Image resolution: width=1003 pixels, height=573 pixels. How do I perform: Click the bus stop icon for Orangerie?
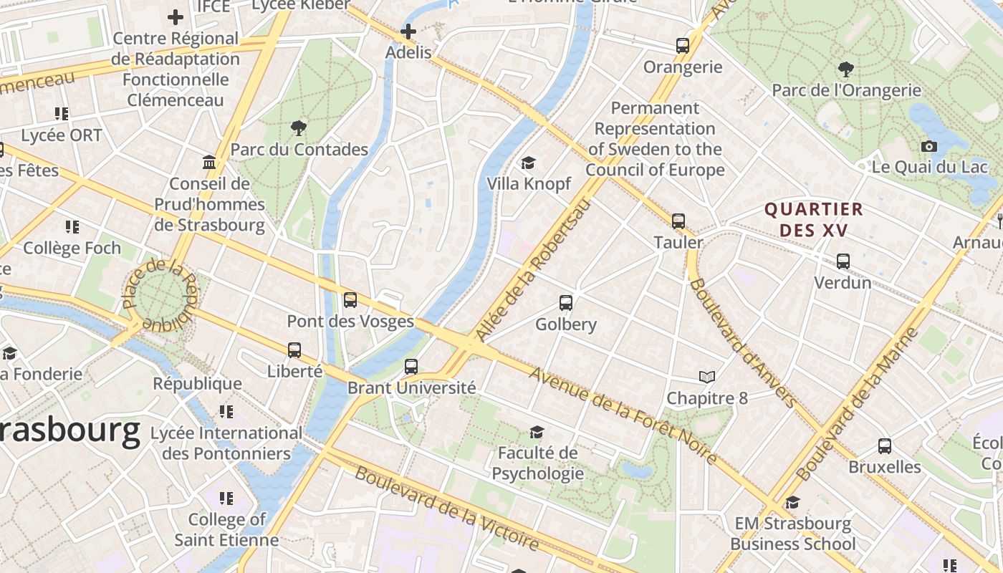[x=683, y=46]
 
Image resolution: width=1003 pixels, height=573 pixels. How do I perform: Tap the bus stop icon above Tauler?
[x=678, y=221]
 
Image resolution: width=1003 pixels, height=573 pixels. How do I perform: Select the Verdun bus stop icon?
[x=843, y=261]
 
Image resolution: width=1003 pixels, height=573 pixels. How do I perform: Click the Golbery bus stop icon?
[x=566, y=303]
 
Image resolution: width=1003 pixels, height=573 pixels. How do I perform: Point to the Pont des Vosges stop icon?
[x=350, y=300]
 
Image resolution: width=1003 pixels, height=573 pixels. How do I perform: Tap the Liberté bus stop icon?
[x=294, y=350]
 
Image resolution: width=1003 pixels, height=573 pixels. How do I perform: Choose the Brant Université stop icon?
[x=411, y=367]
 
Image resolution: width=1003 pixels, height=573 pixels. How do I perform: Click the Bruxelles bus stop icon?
[x=885, y=446]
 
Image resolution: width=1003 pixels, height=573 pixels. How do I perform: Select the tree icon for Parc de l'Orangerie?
[x=846, y=69]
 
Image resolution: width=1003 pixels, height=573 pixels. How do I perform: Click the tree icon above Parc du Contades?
[x=299, y=128]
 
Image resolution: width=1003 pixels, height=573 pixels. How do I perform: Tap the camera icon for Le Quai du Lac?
[x=929, y=147]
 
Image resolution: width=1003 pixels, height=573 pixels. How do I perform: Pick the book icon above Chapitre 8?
[x=707, y=377]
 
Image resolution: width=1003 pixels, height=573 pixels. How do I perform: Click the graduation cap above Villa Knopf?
[x=529, y=163]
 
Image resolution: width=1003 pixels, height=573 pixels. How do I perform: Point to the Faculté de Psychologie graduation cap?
[x=537, y=432]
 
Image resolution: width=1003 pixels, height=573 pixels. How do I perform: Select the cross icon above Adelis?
[x=408, y=32]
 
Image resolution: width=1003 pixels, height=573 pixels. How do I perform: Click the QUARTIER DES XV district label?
[x=814, y=220]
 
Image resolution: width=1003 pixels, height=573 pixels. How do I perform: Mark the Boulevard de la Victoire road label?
[x=446, y=509]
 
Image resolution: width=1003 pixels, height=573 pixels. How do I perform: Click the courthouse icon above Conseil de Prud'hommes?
[x=209, y=163]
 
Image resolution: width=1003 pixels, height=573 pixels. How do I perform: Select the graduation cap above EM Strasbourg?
[x=792, y=503]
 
